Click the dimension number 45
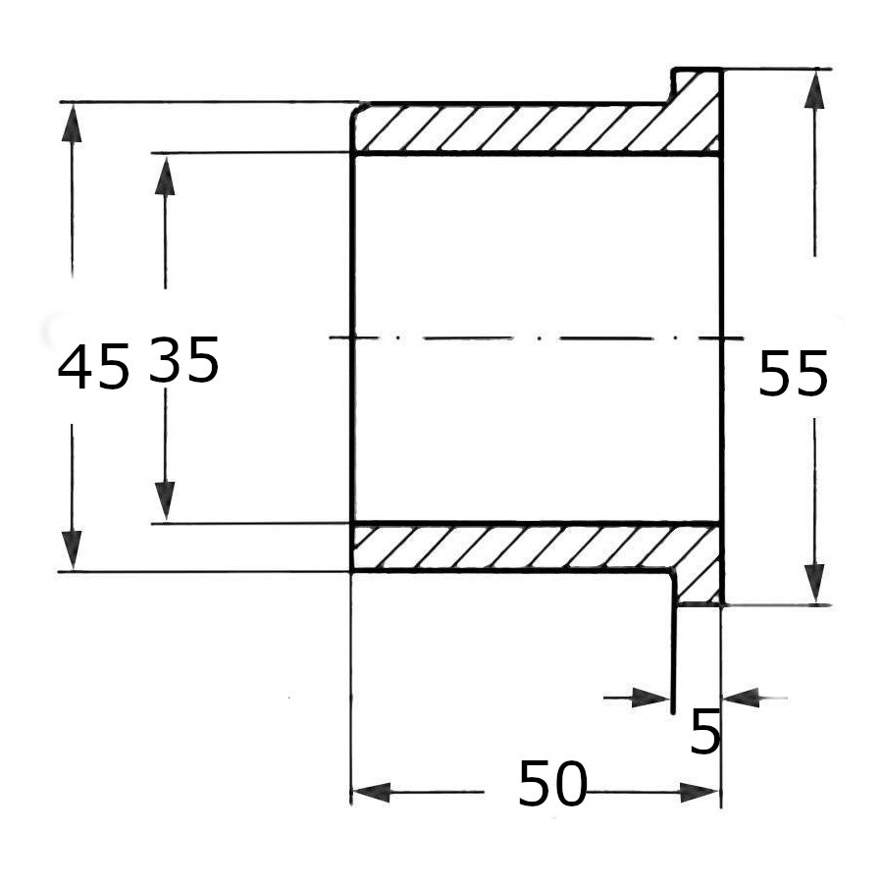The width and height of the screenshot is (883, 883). pos(93,367)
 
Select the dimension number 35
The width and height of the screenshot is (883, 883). pos(184,359)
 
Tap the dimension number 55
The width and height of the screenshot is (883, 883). pos(794,373)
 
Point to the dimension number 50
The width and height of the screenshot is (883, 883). pos(552,783)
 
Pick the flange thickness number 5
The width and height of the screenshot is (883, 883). pos(705,732)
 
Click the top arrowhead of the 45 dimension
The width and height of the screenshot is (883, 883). pos(72,123)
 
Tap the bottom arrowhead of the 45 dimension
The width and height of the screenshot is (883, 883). pos(72,549)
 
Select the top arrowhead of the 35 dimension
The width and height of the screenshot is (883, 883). pos(165,176)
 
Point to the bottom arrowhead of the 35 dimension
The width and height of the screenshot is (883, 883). pos(165,501)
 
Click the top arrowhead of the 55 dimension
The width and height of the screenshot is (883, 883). pos(815,89)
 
